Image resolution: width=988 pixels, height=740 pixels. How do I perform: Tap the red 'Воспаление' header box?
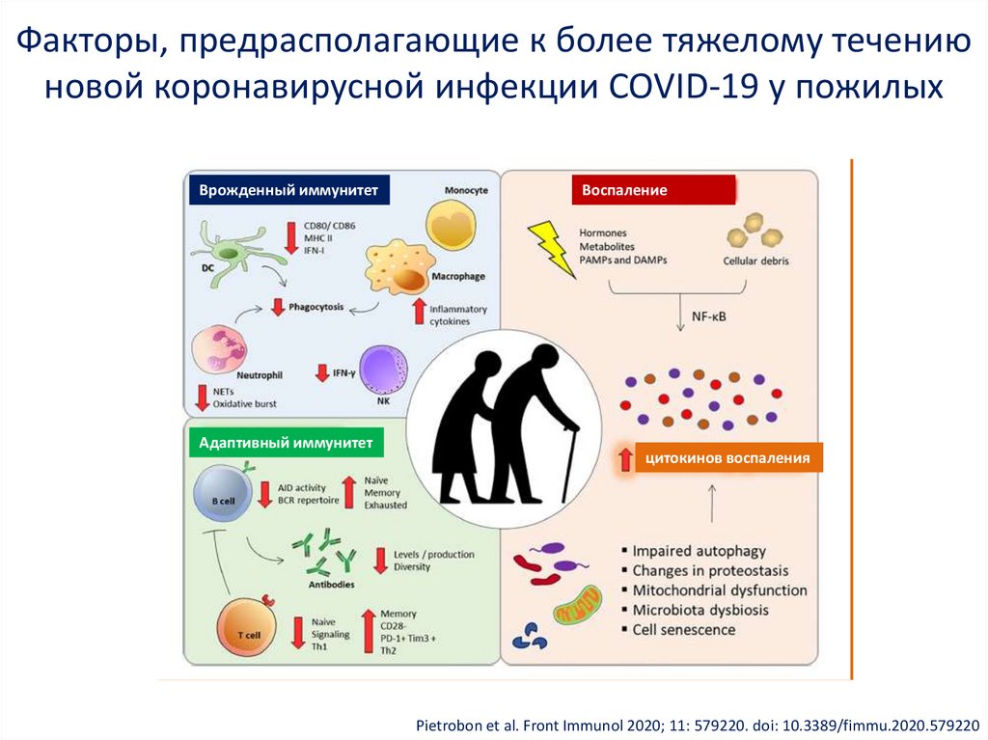[x=652, y=190]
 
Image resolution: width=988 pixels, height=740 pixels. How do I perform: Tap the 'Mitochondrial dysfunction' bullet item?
[x=719, y=590]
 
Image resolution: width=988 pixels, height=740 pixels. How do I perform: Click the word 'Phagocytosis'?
[x=317, y=307]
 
